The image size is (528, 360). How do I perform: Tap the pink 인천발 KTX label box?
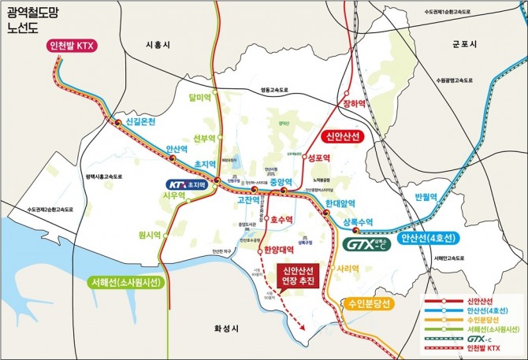69,46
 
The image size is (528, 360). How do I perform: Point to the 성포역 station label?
318,158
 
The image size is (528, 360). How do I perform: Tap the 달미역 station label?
201,98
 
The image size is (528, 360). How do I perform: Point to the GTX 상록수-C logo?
367,244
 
